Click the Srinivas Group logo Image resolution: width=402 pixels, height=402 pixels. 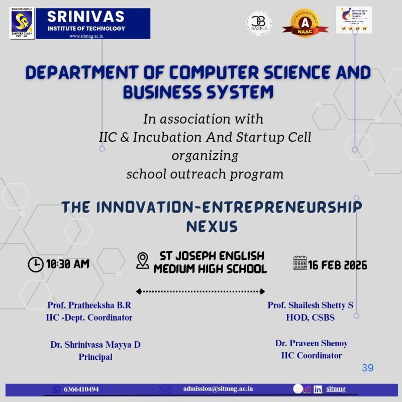tap(22, 23)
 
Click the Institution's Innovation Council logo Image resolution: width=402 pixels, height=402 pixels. tap(354, 20)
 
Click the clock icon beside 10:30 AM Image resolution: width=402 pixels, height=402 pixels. tap(35, 264)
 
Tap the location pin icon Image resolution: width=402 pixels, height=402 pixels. tap(143, 260)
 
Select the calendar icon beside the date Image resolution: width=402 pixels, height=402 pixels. tap(300, 263)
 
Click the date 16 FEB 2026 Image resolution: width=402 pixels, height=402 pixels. tap(338, 265)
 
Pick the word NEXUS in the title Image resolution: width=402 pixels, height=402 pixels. tap(212, 227)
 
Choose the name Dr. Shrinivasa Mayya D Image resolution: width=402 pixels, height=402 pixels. tap(95, 345)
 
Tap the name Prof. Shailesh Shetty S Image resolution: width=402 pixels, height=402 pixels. tap(311, 305)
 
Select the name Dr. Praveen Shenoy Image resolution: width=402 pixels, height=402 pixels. tap(312, 343)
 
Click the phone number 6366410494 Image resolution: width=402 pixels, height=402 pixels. tap(81, 389)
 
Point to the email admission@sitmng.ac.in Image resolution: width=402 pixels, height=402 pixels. tap(218, 388)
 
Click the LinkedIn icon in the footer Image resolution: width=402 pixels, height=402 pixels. tap(318, 389)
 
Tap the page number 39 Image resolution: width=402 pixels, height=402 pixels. tap(367, 368)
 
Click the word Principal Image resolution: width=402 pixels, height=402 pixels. tap(95, 357)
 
